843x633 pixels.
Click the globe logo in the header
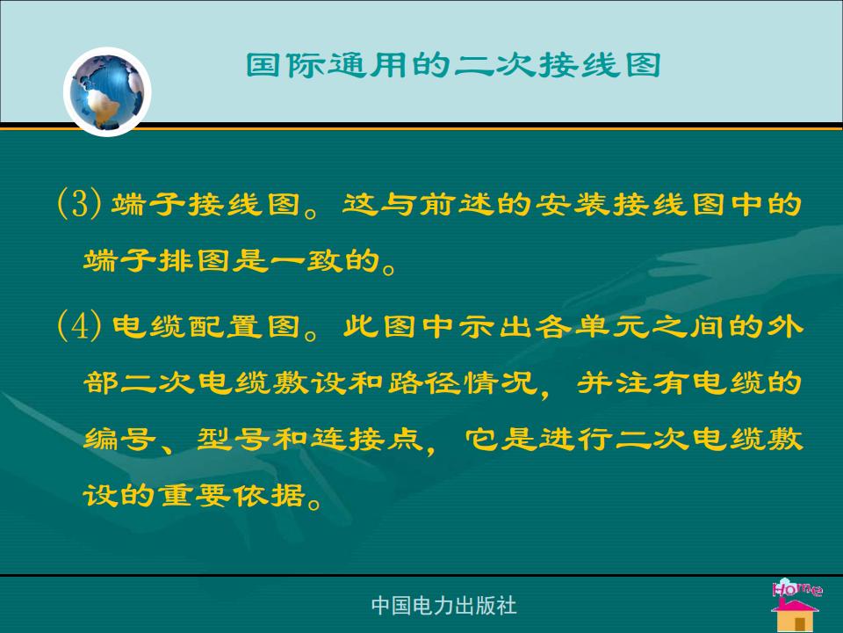click(107, 91)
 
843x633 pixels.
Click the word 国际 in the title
click(285, 65)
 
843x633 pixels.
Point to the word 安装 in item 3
click(573, 204)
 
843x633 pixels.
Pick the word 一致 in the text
click(306, 260)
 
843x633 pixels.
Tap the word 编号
click(120, 439)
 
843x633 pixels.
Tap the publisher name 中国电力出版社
click(444, 606)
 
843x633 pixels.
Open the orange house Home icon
click(795, 614)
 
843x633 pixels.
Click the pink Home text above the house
click(796, 588)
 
